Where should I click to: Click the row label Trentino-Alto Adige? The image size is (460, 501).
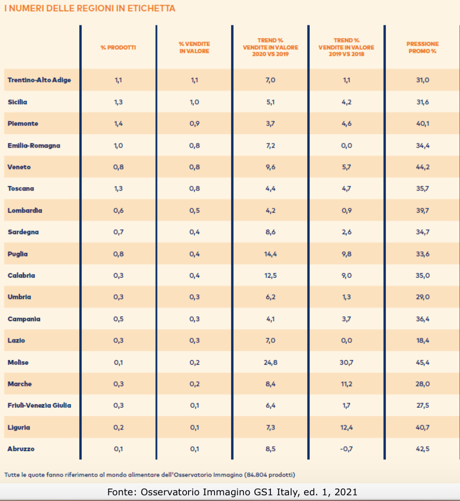coord(39,80)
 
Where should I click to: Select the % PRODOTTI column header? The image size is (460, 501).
coord(118,48)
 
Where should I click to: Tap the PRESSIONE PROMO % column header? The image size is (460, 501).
coord(422,47)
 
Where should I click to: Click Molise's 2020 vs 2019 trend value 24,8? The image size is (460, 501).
coord(270,363)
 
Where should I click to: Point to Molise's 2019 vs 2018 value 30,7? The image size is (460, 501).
coord(346,363)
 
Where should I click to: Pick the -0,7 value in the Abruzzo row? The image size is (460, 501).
coord(346,449)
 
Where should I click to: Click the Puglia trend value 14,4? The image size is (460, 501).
coord(270,254)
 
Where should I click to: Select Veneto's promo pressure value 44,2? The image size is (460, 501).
coord(423,167)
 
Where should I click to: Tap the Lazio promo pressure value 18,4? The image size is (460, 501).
coord(423,341)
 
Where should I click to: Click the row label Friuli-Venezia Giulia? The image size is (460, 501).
coord(39,406)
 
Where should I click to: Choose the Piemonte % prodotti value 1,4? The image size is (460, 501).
coord(118,124)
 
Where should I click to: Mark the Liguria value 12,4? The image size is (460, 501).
coord(346,427)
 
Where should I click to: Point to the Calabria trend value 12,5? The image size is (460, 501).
coord(270,276)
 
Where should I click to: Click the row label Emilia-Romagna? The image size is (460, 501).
coord(34,146)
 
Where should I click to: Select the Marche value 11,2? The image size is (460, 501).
coord(346,384)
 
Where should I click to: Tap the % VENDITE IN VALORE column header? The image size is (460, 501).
coord(194,48)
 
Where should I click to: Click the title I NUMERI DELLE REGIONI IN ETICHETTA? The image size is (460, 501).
coord(90,9)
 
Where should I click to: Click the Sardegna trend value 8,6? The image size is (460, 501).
coord(270,232)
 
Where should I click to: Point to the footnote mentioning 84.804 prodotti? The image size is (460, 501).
coord(150,474)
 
